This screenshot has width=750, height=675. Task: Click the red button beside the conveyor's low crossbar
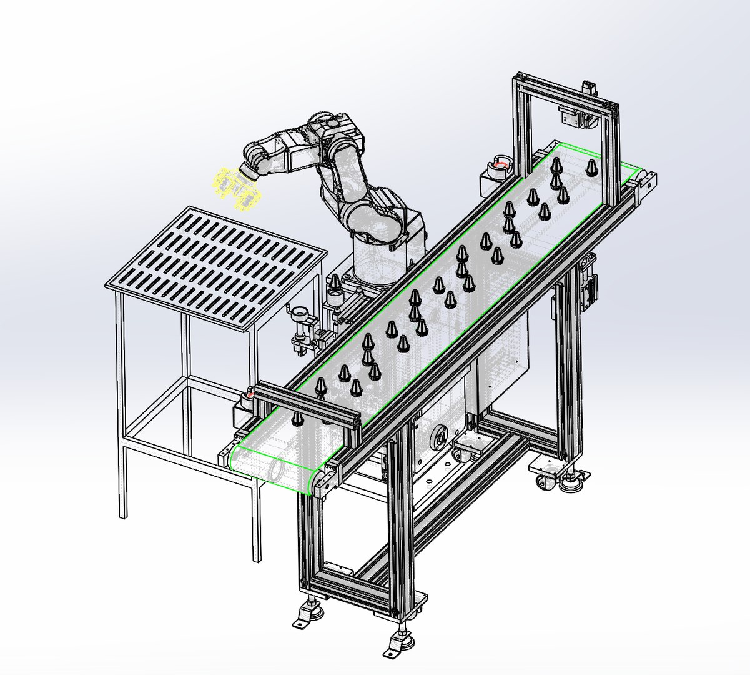click(249, 395)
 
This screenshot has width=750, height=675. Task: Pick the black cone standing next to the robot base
click(336, 284)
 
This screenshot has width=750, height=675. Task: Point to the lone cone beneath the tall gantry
click(591, 167)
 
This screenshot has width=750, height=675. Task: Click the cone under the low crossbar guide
click(297, 417)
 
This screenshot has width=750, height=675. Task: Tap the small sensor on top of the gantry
click(588, 87)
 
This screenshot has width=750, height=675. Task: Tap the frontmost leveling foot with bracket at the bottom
click(395, 647)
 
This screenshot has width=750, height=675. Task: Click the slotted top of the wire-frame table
click(215, 262)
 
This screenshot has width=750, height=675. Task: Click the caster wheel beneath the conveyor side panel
click(464, 449)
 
